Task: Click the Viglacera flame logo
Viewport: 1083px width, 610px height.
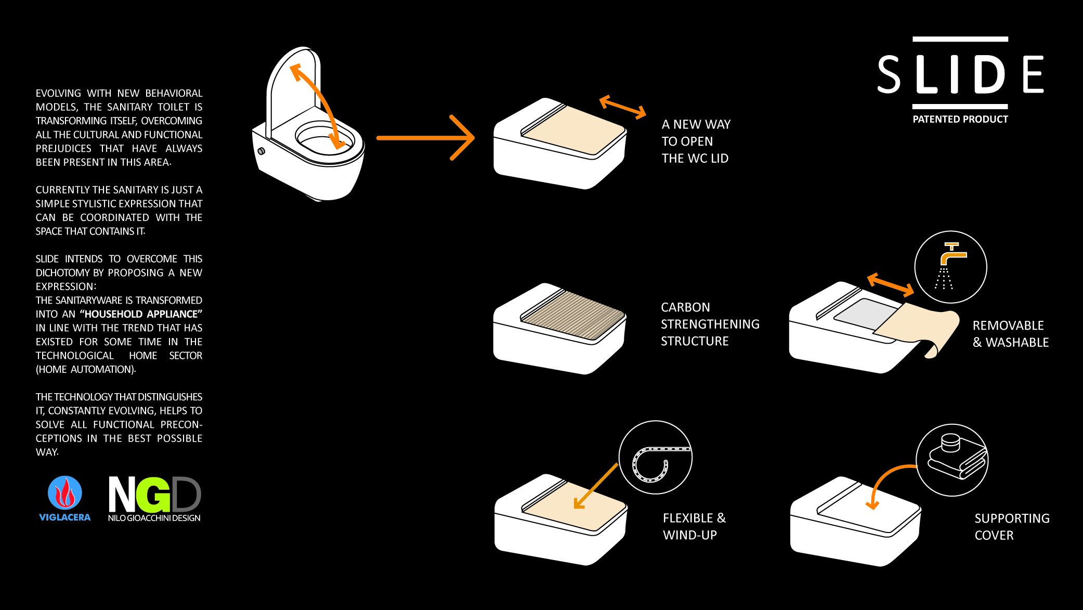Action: (x=64, y=492)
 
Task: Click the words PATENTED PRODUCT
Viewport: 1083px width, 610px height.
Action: (x=960, y=119)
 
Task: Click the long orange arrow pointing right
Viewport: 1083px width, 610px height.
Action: (x=425, y=138)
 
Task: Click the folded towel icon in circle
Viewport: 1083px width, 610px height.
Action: (x=956, y=458)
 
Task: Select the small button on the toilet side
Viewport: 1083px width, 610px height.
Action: (x=261, y=151)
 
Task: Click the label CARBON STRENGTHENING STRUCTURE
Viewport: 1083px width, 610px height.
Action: (x=710, y=324)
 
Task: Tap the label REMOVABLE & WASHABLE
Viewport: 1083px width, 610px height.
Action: (x=1010, y=334)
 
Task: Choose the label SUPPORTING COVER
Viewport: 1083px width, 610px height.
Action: (x=1011, y=526)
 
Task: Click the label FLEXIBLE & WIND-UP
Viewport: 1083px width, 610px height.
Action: (x=694, y=526)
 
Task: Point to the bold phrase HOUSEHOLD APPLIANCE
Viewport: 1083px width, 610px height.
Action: (x=141, y=314)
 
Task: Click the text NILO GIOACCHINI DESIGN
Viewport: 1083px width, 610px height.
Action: (x=154, y=518)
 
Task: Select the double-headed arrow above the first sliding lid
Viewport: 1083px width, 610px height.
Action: (x=622, y=107)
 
